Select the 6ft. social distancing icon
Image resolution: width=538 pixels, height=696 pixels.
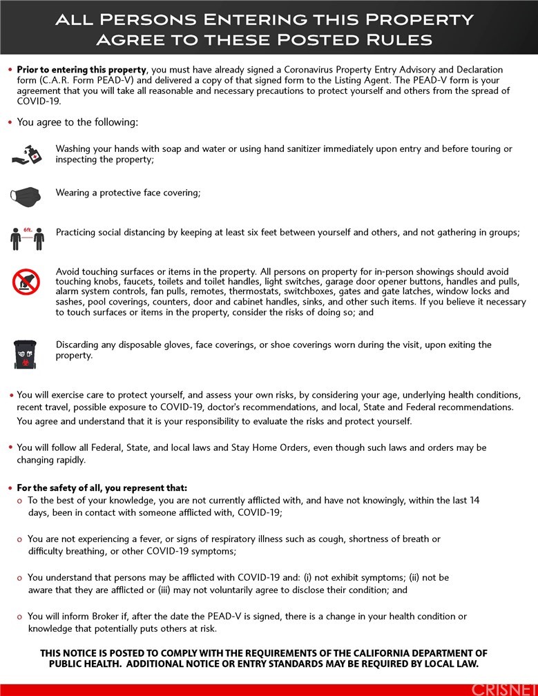(28, 238)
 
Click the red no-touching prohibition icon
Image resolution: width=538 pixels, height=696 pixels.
(26, 281)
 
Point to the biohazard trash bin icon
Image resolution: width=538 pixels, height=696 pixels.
(26, 353)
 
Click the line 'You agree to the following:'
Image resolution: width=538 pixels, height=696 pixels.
(77, 122)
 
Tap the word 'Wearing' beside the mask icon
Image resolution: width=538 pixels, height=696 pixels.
(73, 193)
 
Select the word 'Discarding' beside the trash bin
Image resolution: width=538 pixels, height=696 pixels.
(79, 345)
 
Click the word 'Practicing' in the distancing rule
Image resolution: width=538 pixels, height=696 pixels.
(78, 233)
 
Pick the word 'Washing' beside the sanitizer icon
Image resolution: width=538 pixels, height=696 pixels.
(73, 149)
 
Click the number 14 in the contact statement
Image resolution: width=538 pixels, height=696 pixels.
(474, 500)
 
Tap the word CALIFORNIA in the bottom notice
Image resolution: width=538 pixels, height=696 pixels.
(381, 653)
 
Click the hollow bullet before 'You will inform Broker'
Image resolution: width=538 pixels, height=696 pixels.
(21, 617)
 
